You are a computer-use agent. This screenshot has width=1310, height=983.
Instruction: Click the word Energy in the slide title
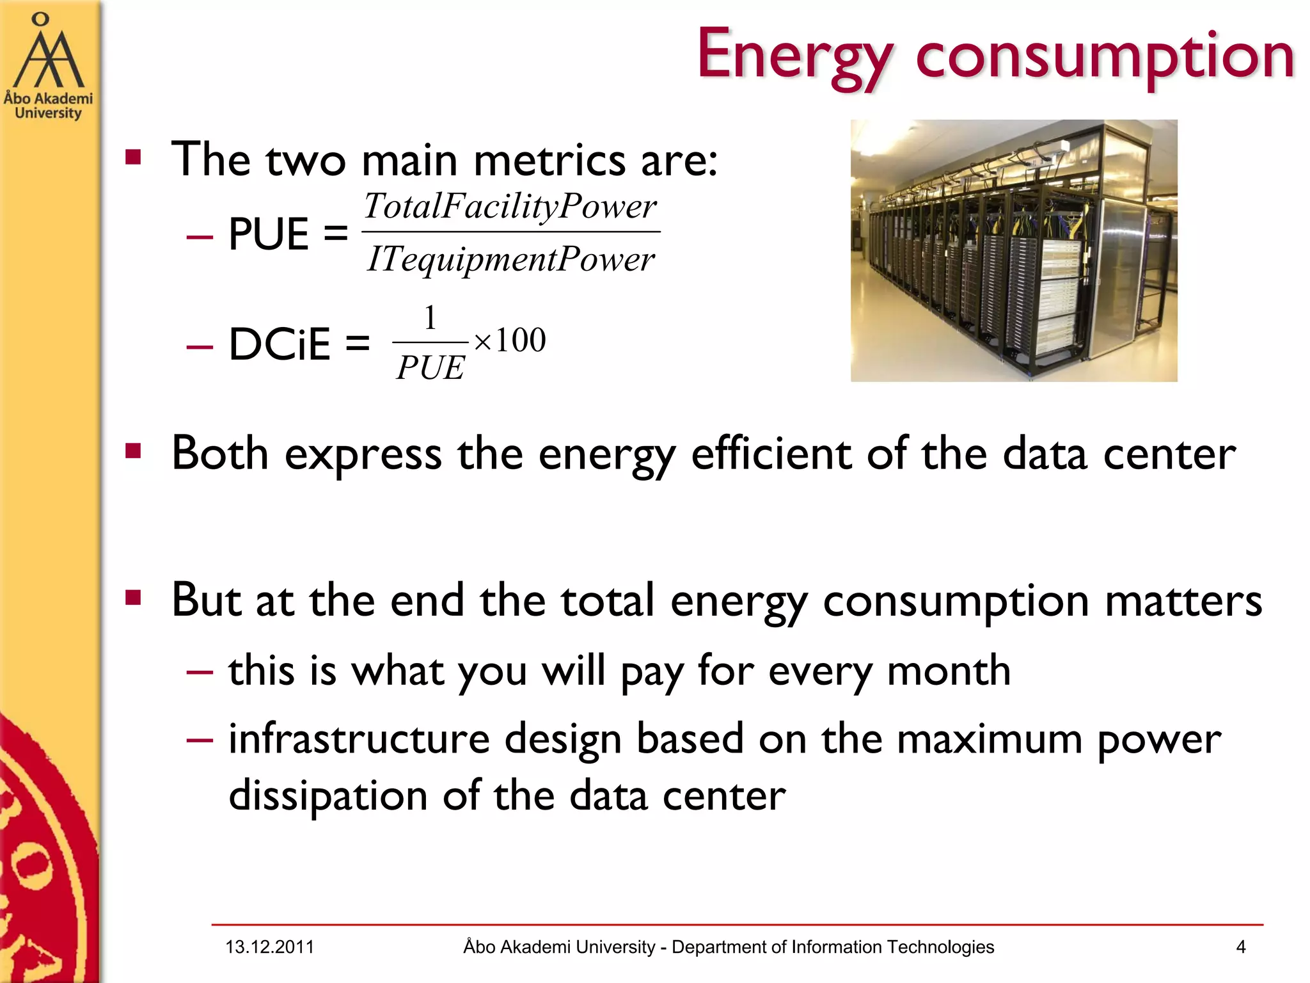[x=793, y=56]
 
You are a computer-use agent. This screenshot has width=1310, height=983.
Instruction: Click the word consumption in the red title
[x=1105, y=56]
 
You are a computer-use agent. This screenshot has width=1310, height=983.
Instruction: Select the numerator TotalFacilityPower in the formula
[x=510, y=206]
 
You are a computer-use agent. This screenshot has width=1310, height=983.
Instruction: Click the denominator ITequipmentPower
[x=510, y=259]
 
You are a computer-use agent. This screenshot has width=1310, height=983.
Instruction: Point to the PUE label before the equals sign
[x=269, y=234]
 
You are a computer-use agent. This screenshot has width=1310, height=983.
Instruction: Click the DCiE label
[x=280, y=344]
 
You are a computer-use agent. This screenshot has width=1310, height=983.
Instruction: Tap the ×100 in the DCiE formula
[x=510, y=340]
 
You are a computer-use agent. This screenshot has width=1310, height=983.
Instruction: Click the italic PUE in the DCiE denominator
[x=430, y=368]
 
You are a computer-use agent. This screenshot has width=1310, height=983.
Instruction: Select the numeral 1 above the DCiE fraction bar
[x=430, y=318]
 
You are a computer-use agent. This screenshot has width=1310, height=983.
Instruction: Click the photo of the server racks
[x=1013, y=251]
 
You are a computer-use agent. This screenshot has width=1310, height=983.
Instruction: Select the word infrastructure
[x=359, y=739]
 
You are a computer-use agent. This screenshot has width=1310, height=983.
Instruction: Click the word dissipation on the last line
[x=327, y=796]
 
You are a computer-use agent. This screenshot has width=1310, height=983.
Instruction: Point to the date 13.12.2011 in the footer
[x=269, y=947]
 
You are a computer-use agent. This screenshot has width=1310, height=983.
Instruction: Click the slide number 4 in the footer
[x=1240, y=947]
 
